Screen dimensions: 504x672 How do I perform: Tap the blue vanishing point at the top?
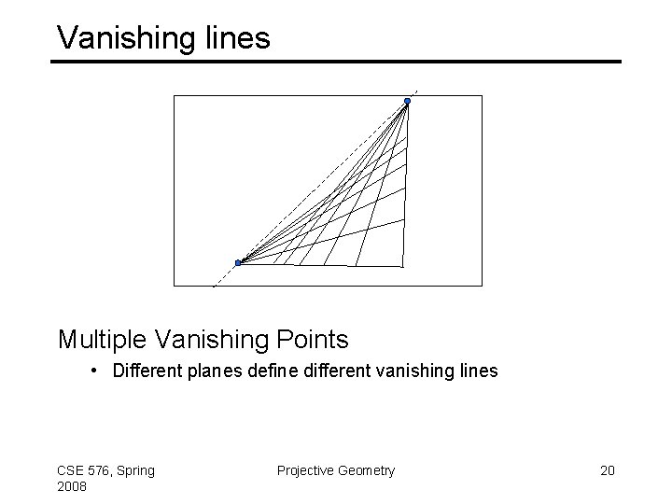[x=407, y=101]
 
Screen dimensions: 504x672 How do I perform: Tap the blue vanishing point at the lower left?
[x=238, y=263]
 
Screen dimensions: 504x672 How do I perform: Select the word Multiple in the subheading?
[x=98, y=338]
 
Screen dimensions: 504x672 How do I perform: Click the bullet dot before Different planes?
[x=97, y=371]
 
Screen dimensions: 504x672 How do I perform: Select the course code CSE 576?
[x=83, y=469]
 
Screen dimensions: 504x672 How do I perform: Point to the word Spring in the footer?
[x=133, y=470]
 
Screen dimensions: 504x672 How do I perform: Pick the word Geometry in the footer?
[x=368, y=470]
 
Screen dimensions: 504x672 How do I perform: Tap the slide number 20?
[x=607, y=470]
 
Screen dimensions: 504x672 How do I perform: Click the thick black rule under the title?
[x=336, y=62]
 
